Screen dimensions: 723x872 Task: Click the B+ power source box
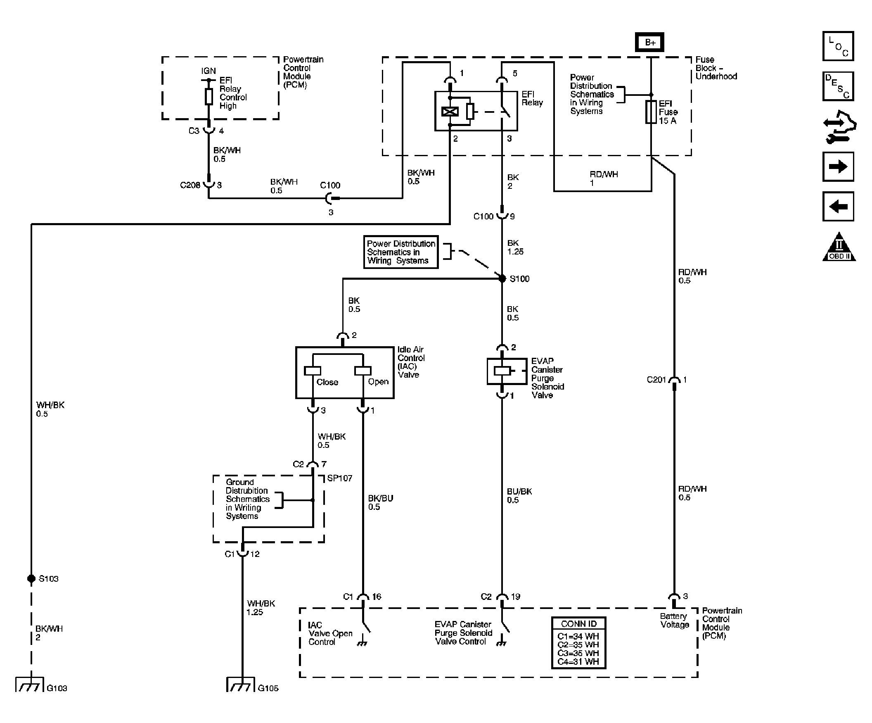click(649, 43)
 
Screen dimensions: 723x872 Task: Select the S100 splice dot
click(502, 278)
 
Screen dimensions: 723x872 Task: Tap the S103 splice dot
click(31, 578)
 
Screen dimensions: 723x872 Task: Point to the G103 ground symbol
click(29, 685)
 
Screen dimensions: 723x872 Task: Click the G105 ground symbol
click(241, 685)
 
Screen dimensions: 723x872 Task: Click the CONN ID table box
click(578, 643)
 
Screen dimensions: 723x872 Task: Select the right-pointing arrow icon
click(838, 167)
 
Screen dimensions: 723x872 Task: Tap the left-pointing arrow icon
click(838, 207)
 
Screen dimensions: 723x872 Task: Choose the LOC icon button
click(838, 46)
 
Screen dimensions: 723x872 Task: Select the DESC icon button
click(838, 86)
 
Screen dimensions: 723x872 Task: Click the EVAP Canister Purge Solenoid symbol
click(502, 371)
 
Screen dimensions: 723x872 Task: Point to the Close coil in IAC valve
click(312, 371)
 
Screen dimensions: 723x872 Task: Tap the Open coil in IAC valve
click(363, 371)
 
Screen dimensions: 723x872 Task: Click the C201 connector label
click(656, 380)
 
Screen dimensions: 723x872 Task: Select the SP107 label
click(339, 478)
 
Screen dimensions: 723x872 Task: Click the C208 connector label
click(190, 186)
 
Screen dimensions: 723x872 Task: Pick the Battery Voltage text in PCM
click(674, 621)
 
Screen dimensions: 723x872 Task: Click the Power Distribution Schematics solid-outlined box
click(401, 252)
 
